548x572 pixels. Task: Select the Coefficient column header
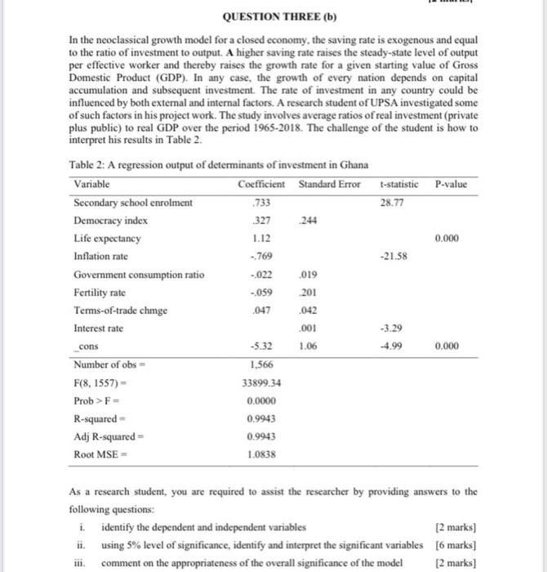pos(262,185)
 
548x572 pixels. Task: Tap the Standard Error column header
pos(329,185)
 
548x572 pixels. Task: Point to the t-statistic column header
pos(399,185)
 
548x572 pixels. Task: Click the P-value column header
pos(452,185)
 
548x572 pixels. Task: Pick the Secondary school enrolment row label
pos(133,203)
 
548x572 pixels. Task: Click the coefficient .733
pos(262,203)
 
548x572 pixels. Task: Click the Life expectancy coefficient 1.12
pos(262,239)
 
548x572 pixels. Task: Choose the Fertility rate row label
pos(100,293)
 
